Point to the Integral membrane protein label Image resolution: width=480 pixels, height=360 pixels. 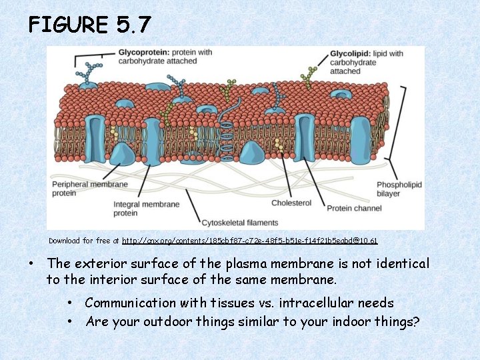(146, 208)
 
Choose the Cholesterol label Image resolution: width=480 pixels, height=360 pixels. (291, 203)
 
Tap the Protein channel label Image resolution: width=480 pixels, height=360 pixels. (354, 208)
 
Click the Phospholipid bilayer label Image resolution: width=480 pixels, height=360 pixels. (399, 189)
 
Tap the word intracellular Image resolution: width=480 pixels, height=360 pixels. (313, 303)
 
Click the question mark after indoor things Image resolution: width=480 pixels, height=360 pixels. (416, 321)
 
